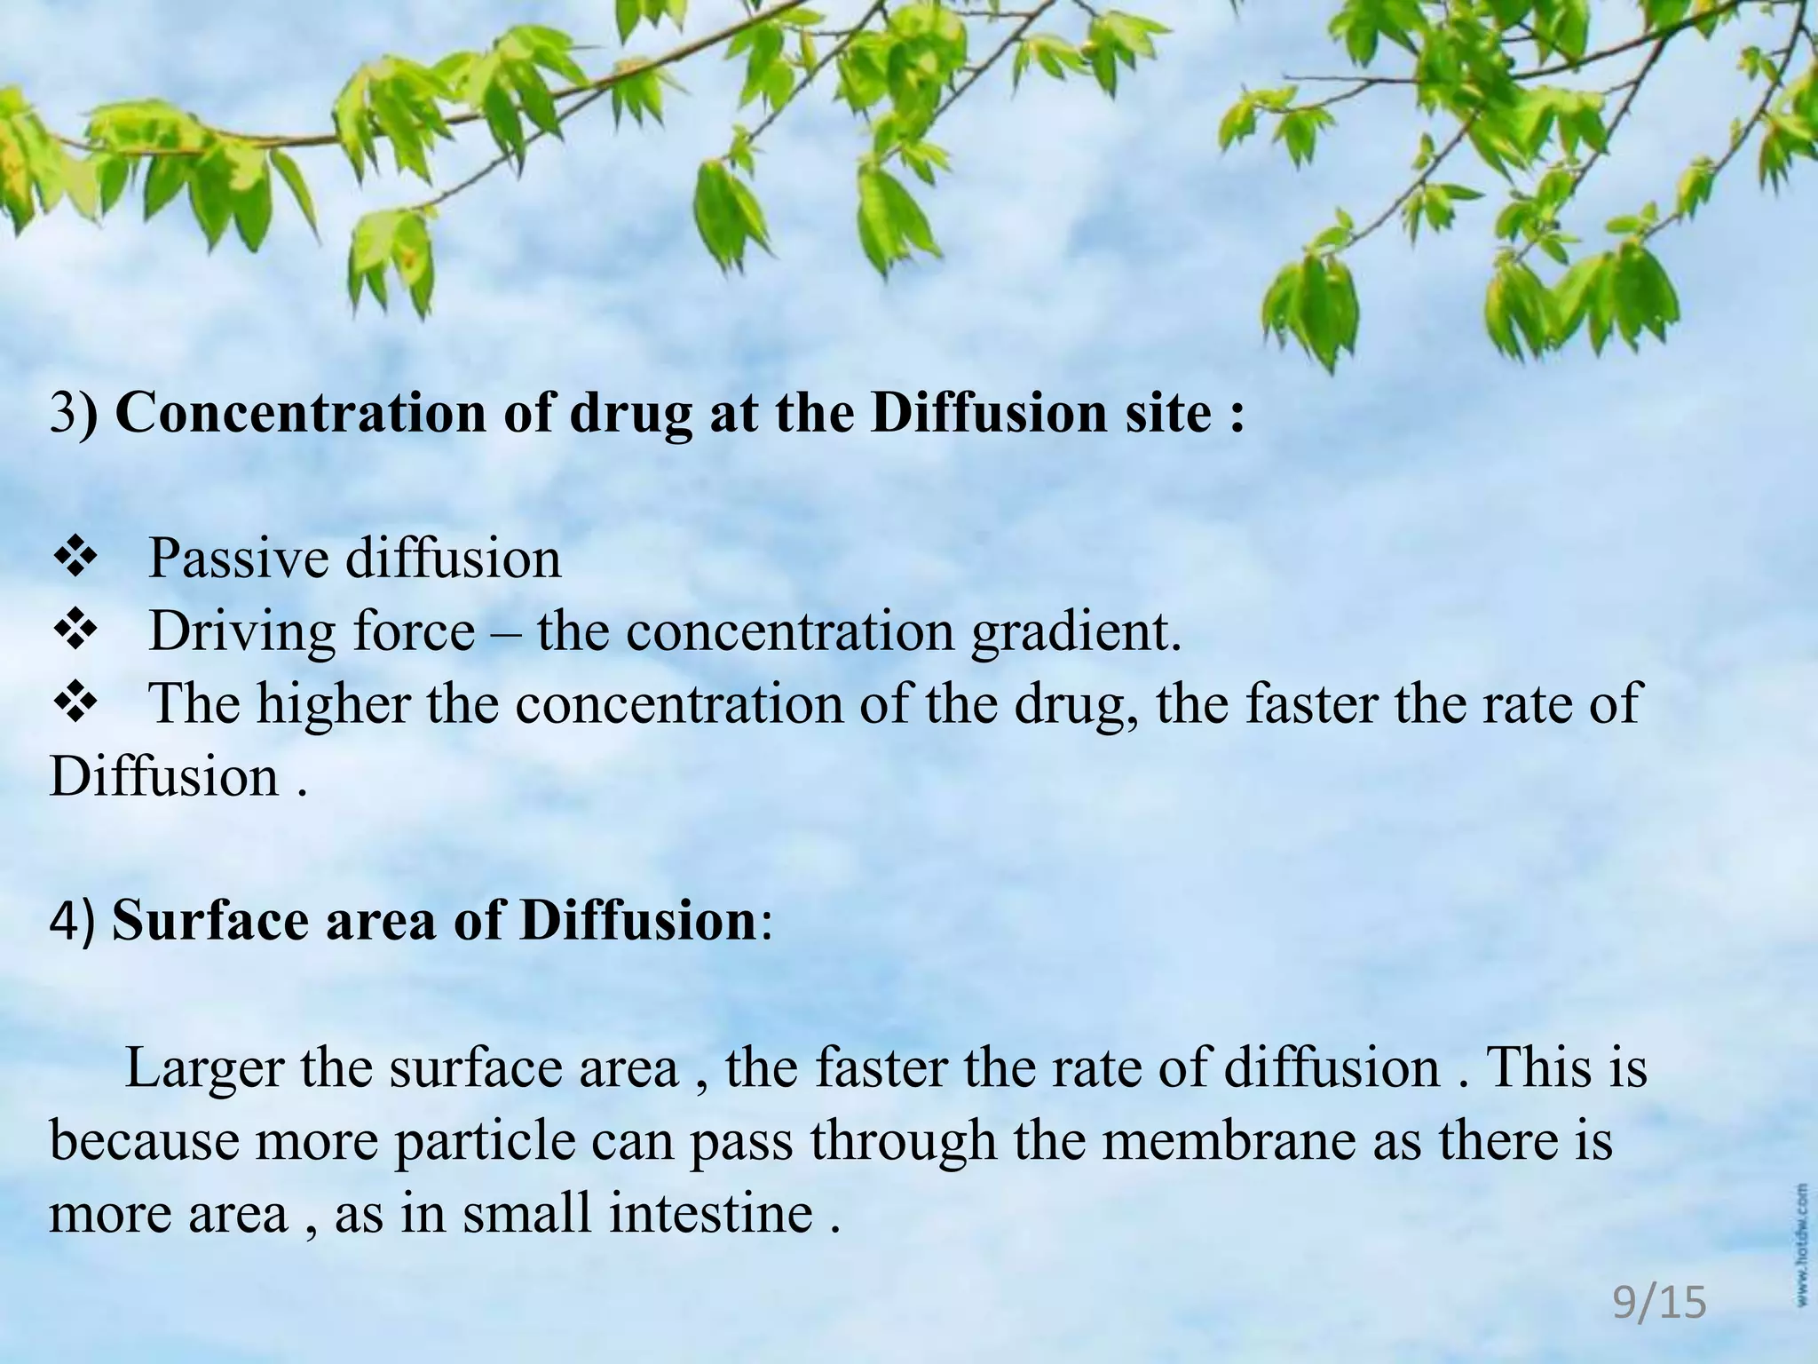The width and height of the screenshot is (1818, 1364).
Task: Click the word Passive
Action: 236,559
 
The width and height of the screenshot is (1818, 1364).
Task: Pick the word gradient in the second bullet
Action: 1076,633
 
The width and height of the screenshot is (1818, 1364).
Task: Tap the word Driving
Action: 242,633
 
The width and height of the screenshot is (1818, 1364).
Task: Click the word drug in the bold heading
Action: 629,416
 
